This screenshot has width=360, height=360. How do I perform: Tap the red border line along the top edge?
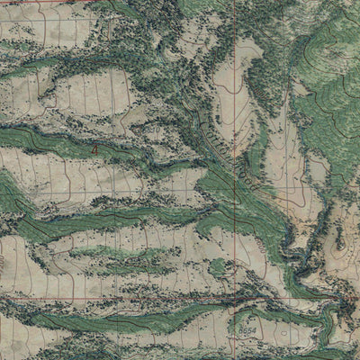click(x=54, y=2)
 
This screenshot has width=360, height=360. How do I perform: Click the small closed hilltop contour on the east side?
click(x=340, y=241)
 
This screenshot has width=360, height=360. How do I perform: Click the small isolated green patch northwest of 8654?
click(x=216, y=267)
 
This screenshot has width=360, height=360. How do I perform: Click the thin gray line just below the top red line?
click(x=54, y=7)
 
